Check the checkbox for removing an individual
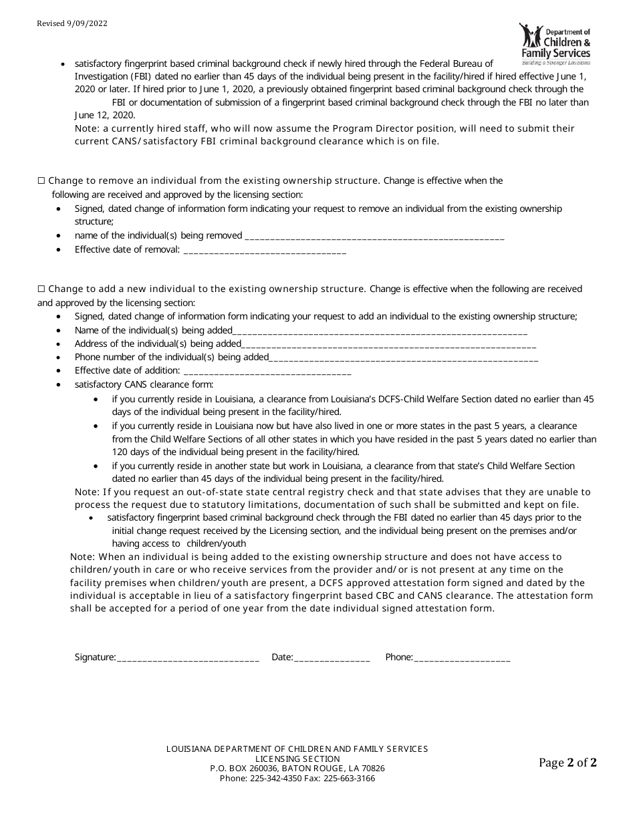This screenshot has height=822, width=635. pyautogui.click(x=41, y=181)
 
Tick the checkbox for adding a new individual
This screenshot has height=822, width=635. pyautogui.click(x=41, y=289)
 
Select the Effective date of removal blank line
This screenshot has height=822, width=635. pyautogui.click(x=264, y=251)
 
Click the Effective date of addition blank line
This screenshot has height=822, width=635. pyautogui.click(x=267, y=372)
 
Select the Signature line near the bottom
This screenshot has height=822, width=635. pyautogui.click(x=188, y=658)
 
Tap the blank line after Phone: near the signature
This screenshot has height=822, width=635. pyautogui.click(x=462, y=658)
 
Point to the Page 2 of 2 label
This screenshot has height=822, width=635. pyautogui.click(x=567, y=763)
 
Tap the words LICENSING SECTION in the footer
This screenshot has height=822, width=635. pyautogui.click(x=297, y=759)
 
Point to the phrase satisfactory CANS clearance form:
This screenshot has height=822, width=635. pyautogui.click(x=144, y=385)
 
